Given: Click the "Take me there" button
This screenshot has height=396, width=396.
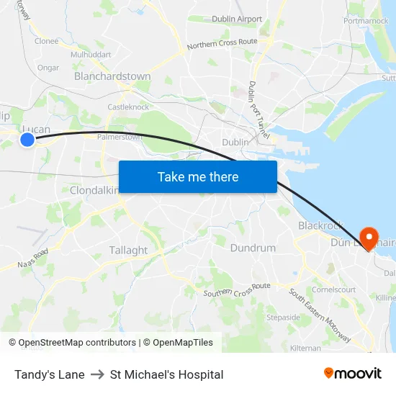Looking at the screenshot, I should (198, 176).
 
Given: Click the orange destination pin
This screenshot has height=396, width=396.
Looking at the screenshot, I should (369, 238).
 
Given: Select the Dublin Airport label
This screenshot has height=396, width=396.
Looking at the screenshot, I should (237, 19).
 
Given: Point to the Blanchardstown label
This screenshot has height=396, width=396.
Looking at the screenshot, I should (112, 76).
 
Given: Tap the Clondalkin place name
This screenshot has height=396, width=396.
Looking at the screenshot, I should (94, 190).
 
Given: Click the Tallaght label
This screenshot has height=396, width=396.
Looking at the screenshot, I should (128, 251).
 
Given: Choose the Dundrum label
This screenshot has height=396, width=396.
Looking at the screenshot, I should (253, 248).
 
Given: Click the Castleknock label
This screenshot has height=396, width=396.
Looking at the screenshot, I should (128, 107).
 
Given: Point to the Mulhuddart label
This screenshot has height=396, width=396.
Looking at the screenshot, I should (91, 54).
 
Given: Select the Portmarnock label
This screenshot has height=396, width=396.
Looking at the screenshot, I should (366, 21).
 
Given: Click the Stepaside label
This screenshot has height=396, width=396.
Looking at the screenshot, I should (283, 317).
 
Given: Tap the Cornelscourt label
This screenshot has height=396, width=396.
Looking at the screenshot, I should (333, 289).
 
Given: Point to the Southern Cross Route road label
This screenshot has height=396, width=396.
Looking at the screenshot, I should (236, 289).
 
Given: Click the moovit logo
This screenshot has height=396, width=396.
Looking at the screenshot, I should (352, 373).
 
